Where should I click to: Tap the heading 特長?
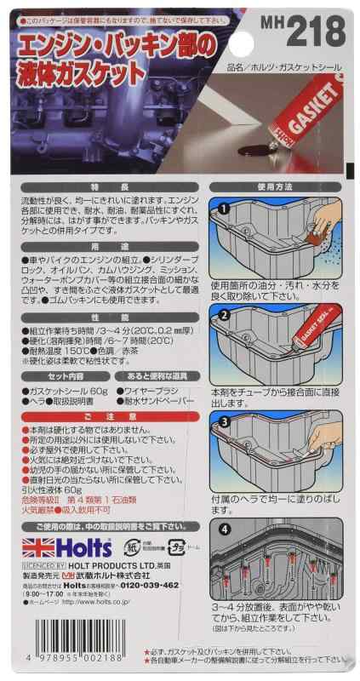tap(118, 186)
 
